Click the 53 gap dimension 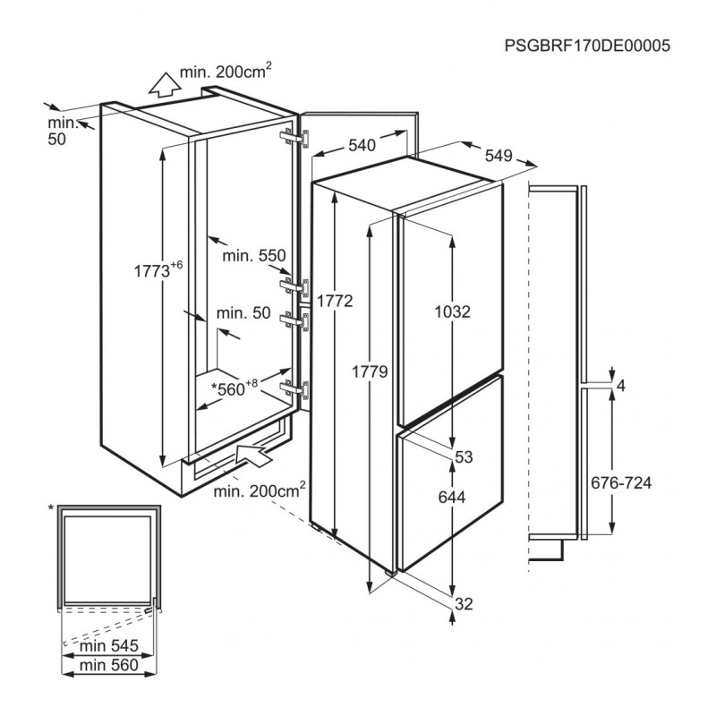tap(464, 457)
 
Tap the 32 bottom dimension tap(463, 603)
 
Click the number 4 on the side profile tap(620, 386)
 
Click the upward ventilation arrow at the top tap(163, 86)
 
